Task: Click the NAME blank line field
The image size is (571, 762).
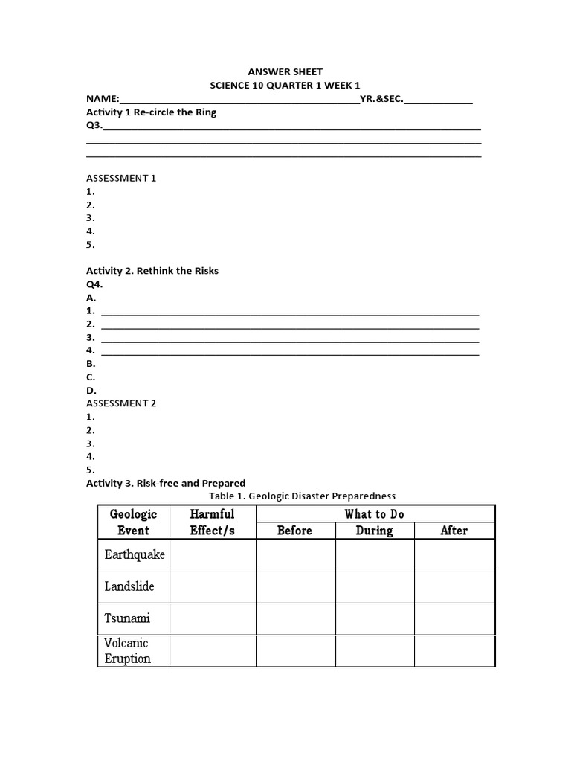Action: click(x=239, y=100)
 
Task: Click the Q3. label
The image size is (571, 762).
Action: click(x=94, y=126)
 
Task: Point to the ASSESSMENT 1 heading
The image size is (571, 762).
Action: click(x=121, y=179)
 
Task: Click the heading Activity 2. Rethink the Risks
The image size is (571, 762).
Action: click(x=152, y=271)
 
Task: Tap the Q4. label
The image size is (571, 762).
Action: click(x=94, y=284)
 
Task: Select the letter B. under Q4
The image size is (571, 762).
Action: click(x=91, y=364)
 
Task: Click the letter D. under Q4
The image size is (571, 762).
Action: click(x=91, y=391)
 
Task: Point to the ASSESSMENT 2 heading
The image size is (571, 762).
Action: click(x=121, y=403)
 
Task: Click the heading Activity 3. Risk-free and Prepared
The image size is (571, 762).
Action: click(x=166, y=483)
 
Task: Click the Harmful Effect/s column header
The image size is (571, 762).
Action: click(x=213, y=522)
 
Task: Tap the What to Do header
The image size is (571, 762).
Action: click(x=375, y=513)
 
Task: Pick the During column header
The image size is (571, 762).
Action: click(x=375, y=531)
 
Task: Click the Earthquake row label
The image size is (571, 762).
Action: click(x=135, y=555)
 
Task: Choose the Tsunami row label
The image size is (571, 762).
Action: click(x=127, y=618)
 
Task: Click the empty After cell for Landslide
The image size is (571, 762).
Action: click(x=454, y=586)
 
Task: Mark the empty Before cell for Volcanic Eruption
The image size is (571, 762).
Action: click(x=295, y=650)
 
